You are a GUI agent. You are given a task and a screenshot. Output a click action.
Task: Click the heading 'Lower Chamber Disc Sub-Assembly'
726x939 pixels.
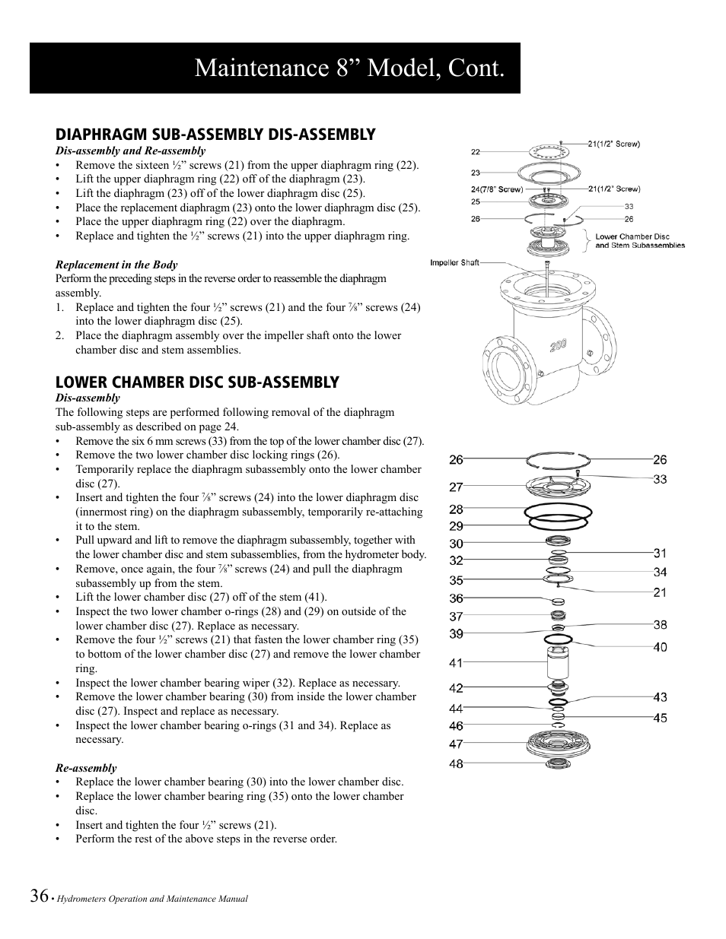[197, 382]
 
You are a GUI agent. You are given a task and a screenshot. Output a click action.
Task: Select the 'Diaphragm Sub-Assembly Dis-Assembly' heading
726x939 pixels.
[215, 135]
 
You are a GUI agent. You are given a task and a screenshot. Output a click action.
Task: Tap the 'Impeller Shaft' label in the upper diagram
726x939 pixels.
[454, 263]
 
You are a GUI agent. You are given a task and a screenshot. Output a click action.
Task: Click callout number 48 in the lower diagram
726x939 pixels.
[456, 763]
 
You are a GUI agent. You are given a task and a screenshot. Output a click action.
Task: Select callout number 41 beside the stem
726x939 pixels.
[456, 663]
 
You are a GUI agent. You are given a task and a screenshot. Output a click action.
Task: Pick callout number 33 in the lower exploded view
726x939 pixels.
[660, 479]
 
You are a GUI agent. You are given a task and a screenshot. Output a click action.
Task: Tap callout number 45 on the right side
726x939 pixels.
[660, 718]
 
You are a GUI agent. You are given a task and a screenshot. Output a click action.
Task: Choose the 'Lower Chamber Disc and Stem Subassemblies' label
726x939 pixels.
[639, 241]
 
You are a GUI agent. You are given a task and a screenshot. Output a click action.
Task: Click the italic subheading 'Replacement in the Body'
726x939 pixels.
[116, 265]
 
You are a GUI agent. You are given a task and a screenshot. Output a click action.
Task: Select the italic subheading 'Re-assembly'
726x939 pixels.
[86, 768]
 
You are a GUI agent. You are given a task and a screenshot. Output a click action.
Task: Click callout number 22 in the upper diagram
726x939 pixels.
[475, 151]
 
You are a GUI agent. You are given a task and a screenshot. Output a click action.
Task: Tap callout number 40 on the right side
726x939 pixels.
[660, 647]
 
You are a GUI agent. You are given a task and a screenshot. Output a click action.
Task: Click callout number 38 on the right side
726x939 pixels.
[660, 625]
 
